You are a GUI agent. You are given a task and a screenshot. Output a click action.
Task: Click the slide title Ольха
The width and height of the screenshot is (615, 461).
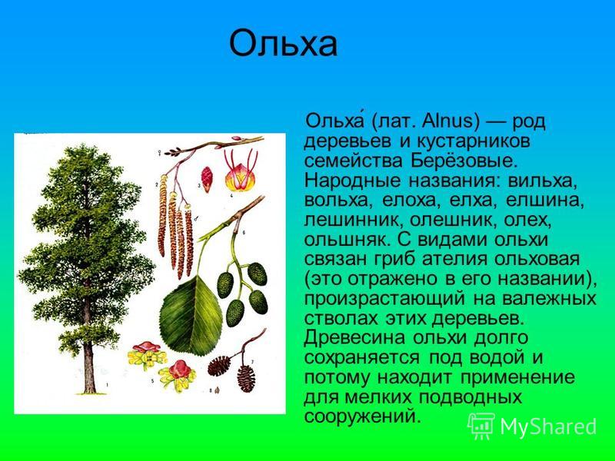pyautogui.click(x=283, y=43)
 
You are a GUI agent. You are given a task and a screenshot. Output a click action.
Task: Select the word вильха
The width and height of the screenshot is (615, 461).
pyautogui.click(x=543, y=181)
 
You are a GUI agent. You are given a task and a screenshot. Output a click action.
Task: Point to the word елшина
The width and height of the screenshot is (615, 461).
pyautogui.click(x=545, y=201)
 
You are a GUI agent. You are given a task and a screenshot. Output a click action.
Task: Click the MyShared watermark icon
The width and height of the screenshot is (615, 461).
pyautogui.click(x=482, y=426)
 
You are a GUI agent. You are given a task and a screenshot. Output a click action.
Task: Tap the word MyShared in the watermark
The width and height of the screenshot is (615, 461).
pyautogui.click(x=548, y=426)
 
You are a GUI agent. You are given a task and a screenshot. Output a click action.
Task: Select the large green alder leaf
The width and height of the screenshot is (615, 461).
pyautogui.click(x=191, y=316)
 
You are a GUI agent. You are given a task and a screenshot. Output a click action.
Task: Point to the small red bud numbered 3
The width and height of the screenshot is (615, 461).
pyautogui.click(x=207, y=179)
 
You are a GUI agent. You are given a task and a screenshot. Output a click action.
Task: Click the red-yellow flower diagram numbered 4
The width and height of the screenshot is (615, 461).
pyautogui.click(x=241, y=175)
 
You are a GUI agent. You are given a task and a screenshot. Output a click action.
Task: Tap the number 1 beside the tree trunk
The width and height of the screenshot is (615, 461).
pyautogui.click(x=108, y=386)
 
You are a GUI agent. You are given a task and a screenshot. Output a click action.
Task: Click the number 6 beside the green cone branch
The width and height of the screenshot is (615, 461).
pyautogui.click(x=244, y=233)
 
